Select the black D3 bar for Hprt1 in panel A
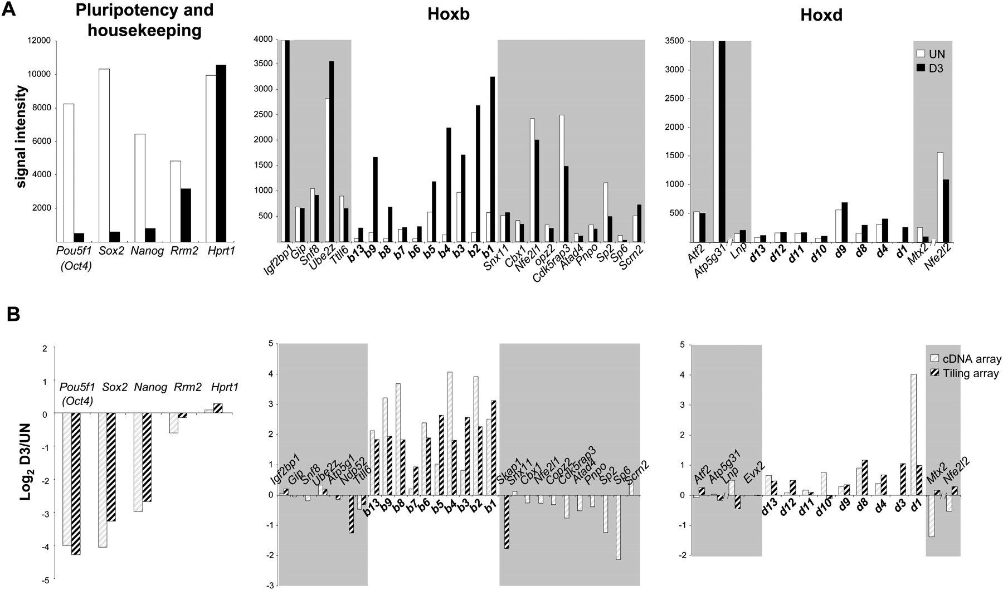point(221,153)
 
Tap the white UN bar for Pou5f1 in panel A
point(69,173)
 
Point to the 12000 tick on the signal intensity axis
point(37,41)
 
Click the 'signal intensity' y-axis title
point(21,136)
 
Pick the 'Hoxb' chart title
point(448,14)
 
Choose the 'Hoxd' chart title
point(821,15)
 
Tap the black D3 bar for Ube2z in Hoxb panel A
point(332,151)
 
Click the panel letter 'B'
point(13,315)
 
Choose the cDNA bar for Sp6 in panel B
point(618,526)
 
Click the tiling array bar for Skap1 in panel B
point(507,521)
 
